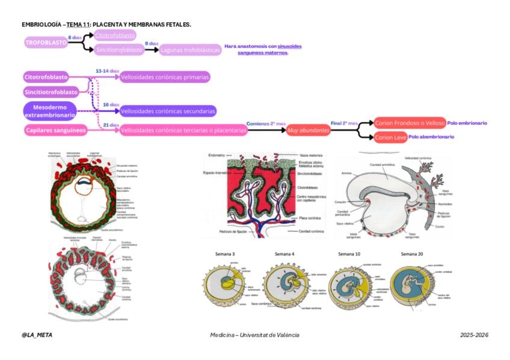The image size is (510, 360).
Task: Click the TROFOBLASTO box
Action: click(46, 43)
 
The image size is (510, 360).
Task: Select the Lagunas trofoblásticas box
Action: click(190, 50)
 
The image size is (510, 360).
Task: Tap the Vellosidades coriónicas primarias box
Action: click(165, 77)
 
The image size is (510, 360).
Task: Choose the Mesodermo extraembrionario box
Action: click(50, 111)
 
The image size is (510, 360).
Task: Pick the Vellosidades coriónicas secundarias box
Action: click(168, 111)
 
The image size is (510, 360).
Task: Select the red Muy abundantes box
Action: click(309, 130)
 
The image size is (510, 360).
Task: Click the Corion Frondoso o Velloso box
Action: click(409, 123)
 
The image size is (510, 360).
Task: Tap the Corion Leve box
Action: click(390, 138)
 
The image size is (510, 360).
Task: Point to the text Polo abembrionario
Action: click(431, 137)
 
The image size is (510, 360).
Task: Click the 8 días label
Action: click(75, 37)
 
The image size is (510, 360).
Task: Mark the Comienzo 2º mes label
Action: click(265, 123)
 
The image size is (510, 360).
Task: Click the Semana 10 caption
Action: click(349, 254)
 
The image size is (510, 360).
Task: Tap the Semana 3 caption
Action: click(224, 254)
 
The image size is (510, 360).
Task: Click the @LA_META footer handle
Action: click(37, 335)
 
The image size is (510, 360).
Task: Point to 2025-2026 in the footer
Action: click(474, 335)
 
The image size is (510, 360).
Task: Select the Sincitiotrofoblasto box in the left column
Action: click(52, 92)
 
